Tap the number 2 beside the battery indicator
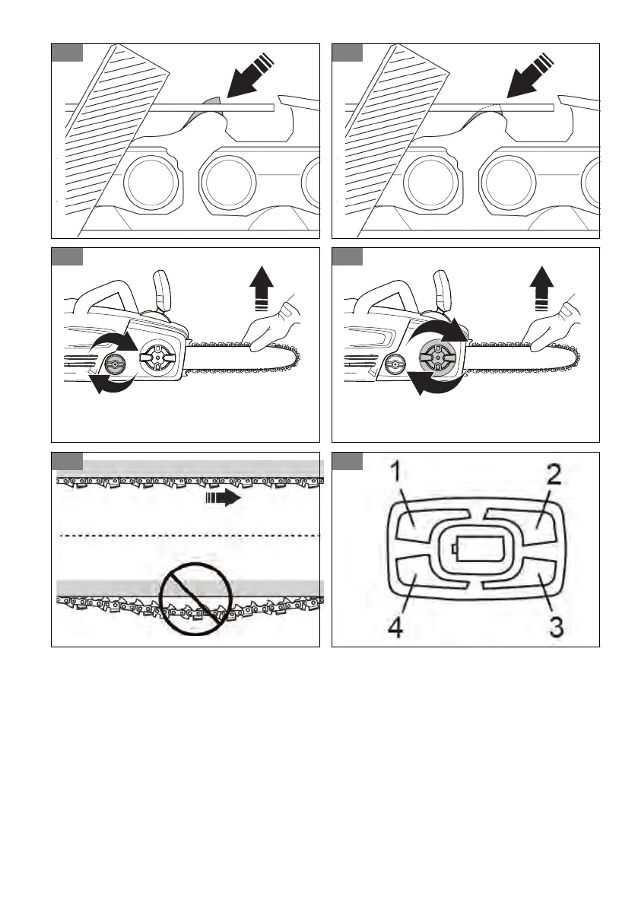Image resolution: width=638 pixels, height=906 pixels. [554, 477]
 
